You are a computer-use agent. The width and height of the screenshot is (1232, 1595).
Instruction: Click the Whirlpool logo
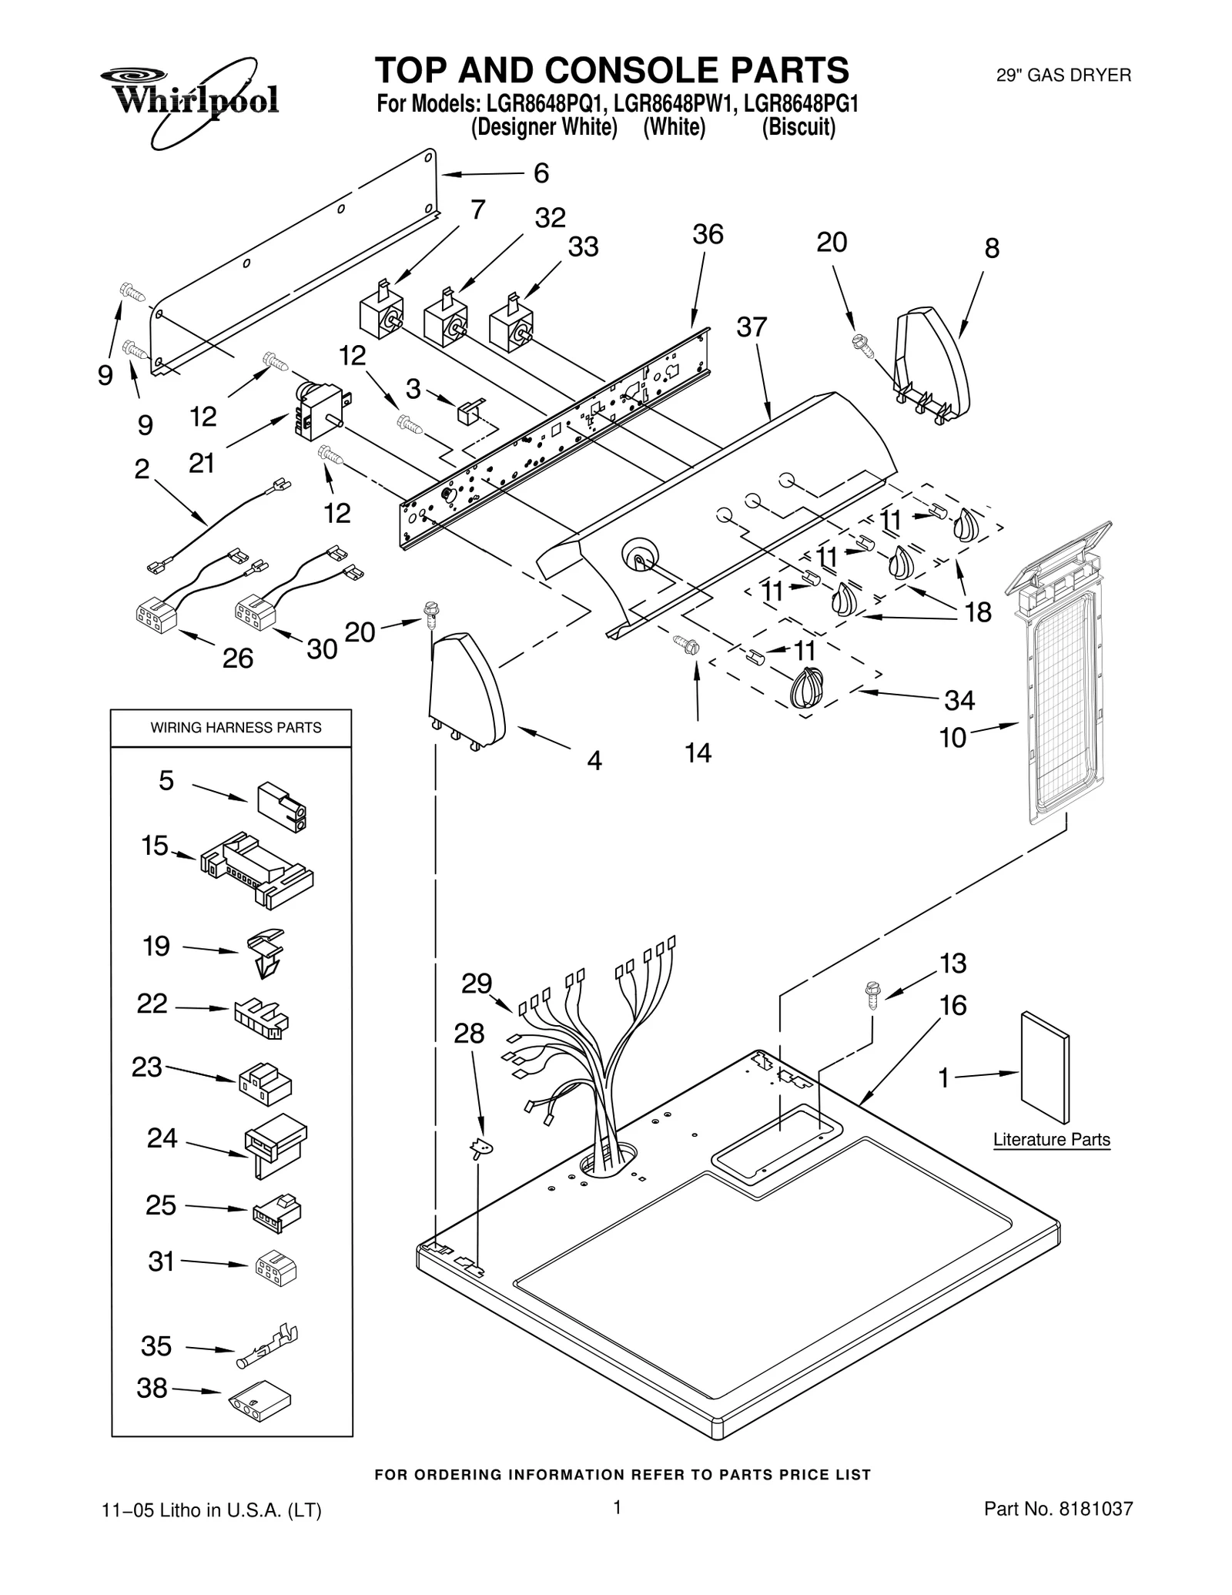[x=189, y=100]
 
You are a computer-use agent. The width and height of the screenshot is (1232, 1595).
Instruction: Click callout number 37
[x=752, y=327]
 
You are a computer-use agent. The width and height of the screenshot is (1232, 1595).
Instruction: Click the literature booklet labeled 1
[x=1045, y=1068]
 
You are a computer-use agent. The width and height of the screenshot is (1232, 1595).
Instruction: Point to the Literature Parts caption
[x=1051, y=1139]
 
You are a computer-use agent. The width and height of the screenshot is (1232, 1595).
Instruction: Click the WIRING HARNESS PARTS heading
[x=236, y=728]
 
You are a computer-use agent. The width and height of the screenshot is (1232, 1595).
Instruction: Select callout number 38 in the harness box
[x=152, y=1388]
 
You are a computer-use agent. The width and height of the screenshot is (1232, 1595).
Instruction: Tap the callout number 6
[x=541, y=173]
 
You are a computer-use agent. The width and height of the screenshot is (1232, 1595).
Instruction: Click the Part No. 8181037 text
[x=1058, y=1530]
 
